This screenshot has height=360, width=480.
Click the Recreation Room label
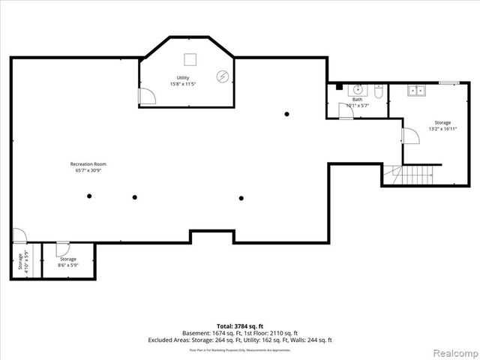pos(85,167)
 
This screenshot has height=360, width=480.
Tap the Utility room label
pos(183,81)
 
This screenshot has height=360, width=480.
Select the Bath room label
pos(357,103)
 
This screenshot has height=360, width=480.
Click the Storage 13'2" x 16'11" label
pos(442,125)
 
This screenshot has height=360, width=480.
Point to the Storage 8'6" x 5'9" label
pos(68,262)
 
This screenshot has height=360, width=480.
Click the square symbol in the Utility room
pos(190,58)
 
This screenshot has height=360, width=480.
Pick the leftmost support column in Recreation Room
pos(89,196)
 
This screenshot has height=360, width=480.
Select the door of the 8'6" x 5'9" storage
pos(63,248)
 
